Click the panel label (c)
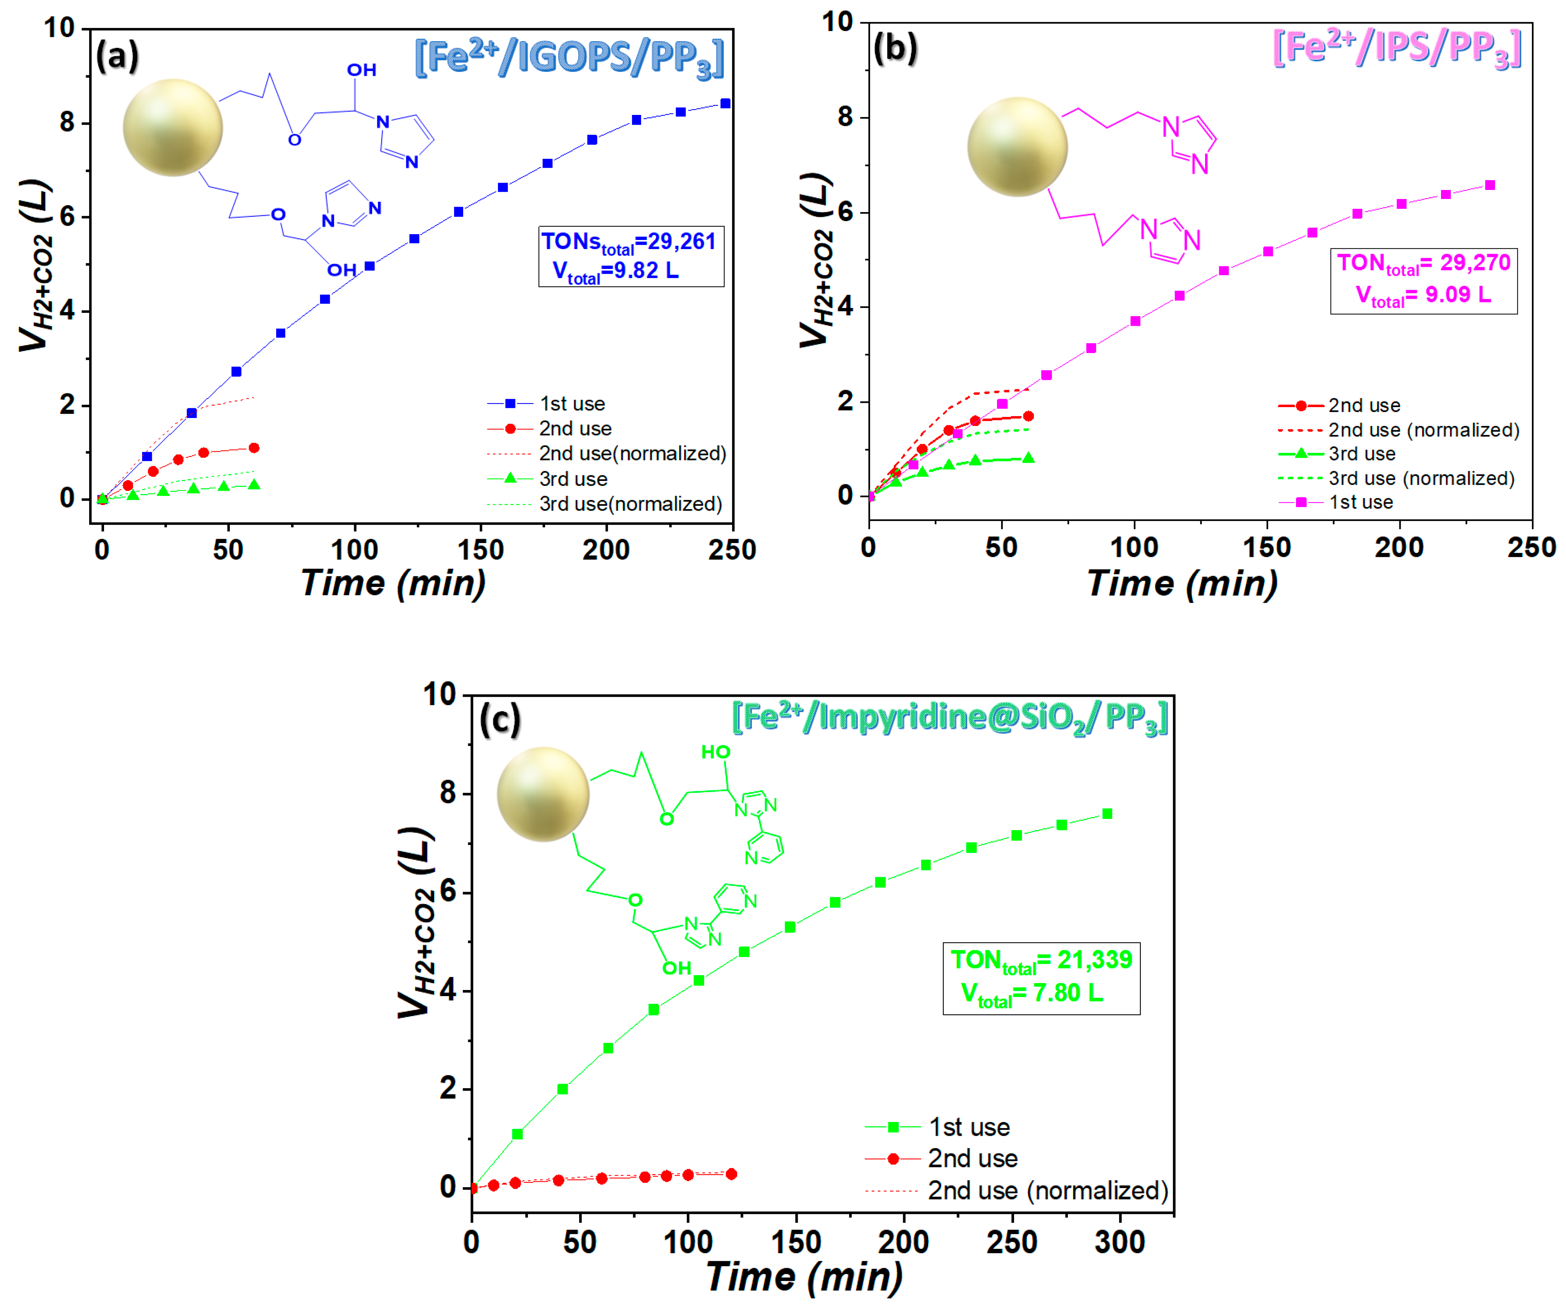tap(500, 721)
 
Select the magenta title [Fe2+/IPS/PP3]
tap(1397, 49)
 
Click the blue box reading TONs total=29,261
tap(631, 256)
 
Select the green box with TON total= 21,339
tap(1041, 978)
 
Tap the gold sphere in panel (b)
tap(1017, 147)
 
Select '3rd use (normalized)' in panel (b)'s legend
tap(1421, 478)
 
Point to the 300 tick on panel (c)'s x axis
tap(1119, 1242)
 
